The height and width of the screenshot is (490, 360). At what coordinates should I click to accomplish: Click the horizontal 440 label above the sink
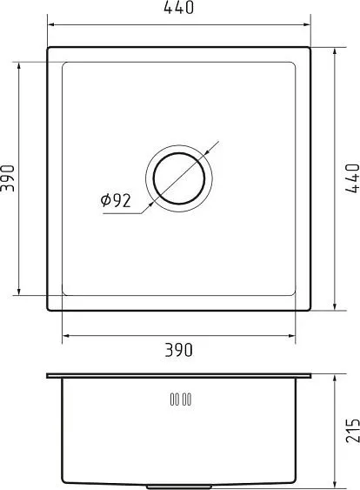[178, 9]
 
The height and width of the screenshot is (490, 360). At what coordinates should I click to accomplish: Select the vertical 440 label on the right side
[351, 178]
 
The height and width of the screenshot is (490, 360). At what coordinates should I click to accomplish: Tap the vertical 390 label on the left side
[8, 178]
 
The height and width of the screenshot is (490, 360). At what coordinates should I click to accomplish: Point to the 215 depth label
[351, 429]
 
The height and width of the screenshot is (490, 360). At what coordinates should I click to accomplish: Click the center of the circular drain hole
[179, 178]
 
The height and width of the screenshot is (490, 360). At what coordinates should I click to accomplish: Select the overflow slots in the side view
[180, 399]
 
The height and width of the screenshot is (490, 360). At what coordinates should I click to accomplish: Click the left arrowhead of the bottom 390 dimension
[63, 335]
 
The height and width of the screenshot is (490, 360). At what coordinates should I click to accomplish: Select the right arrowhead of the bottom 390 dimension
[294, 335]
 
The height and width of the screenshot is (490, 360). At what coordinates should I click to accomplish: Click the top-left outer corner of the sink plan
[47, 47]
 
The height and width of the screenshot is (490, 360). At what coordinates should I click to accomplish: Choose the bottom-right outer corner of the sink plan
[311, 310]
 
